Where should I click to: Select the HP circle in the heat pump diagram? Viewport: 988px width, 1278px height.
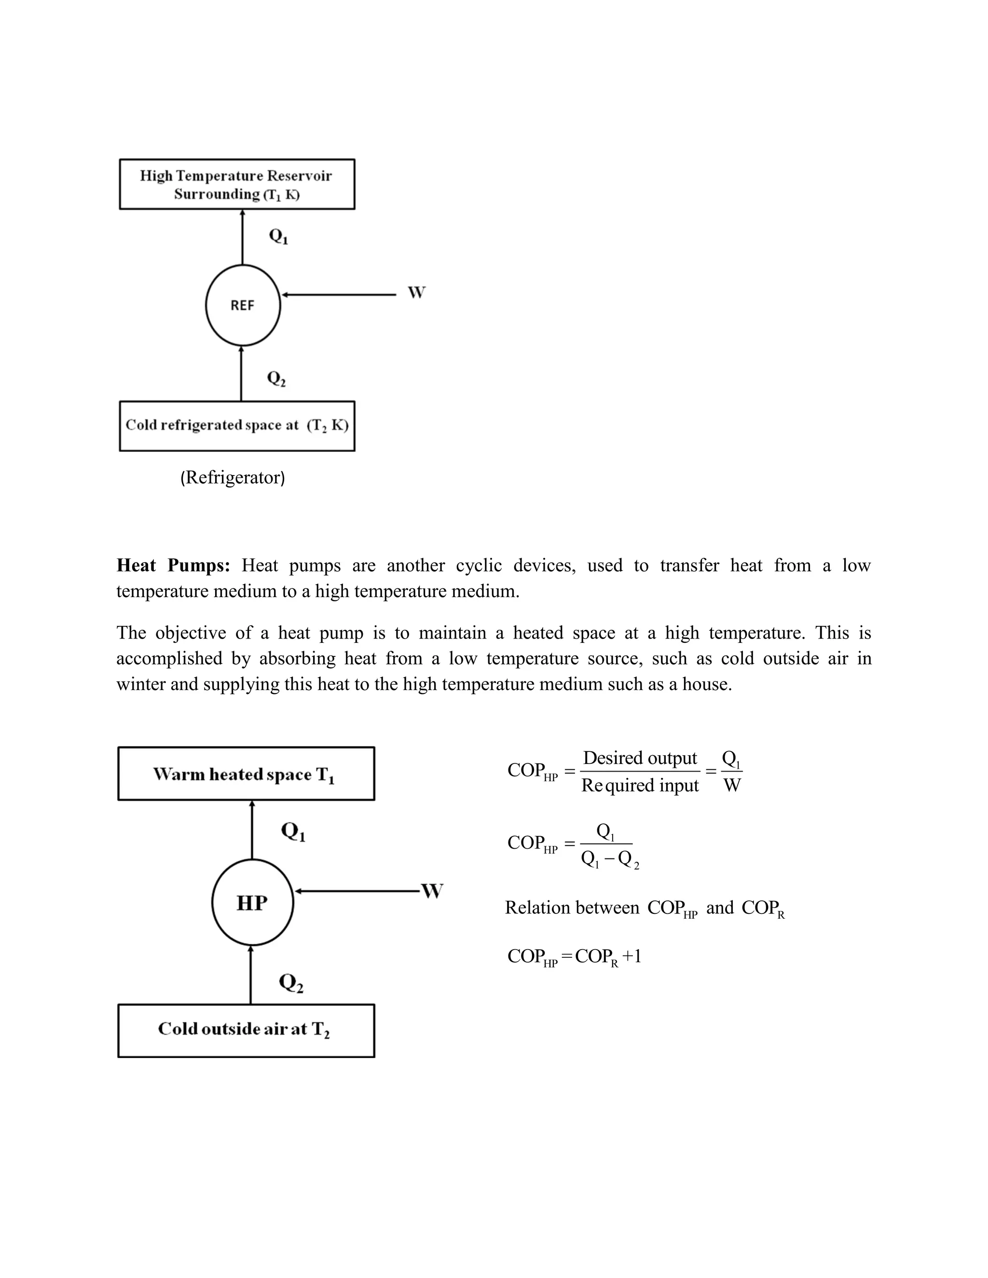(x=252, y=902)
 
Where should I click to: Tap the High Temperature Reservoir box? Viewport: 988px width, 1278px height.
(x=237, y=184)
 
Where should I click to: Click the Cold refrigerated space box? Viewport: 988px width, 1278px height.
(x=237, y=425)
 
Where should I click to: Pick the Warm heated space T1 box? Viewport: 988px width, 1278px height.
(x=246, y=774)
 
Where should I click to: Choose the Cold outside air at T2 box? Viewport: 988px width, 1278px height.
(x=246, y=1031)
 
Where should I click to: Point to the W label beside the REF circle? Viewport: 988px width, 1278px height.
(x=416, y=293)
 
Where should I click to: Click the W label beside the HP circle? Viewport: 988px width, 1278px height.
(x=432, y=891)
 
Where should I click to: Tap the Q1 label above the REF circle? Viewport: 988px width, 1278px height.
(x=278, y=236)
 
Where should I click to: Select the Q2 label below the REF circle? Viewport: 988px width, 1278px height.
(x=276, y=379)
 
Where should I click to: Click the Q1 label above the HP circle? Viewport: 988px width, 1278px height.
(x=293, y=831)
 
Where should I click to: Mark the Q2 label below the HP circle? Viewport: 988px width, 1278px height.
(x=291, y=983)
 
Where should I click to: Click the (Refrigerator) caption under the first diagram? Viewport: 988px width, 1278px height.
(x=233, y=477)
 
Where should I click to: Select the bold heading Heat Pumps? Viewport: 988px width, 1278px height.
(x=173, y=565)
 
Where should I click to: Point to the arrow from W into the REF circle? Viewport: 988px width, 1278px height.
(x=340, y=295)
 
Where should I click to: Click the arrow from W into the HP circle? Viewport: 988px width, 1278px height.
(x=357, y=891)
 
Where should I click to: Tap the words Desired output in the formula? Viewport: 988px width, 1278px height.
(x=640, y=759)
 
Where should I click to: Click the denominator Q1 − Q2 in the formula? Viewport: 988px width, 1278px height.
(x=609, y=859)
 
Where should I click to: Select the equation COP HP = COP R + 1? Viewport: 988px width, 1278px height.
(x=574, y=956)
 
